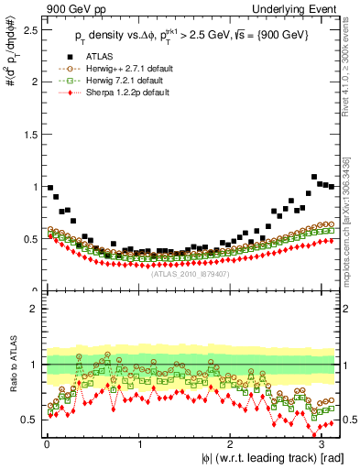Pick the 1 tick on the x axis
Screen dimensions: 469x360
tap(139, 443)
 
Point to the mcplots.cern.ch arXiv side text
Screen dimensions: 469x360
tap(353, 211)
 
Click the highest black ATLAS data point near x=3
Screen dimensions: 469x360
tap(314, 177)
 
